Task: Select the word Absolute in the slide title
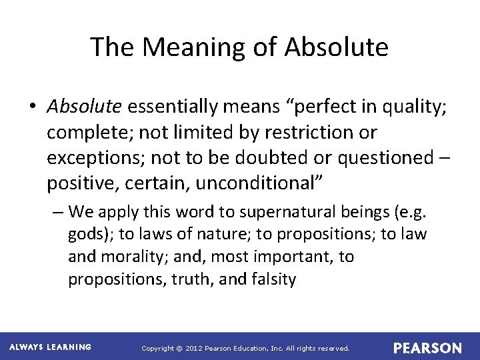336,47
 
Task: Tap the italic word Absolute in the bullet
84,105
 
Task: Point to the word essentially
173,105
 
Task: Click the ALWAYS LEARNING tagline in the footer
51,347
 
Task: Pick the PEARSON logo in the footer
427,348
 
